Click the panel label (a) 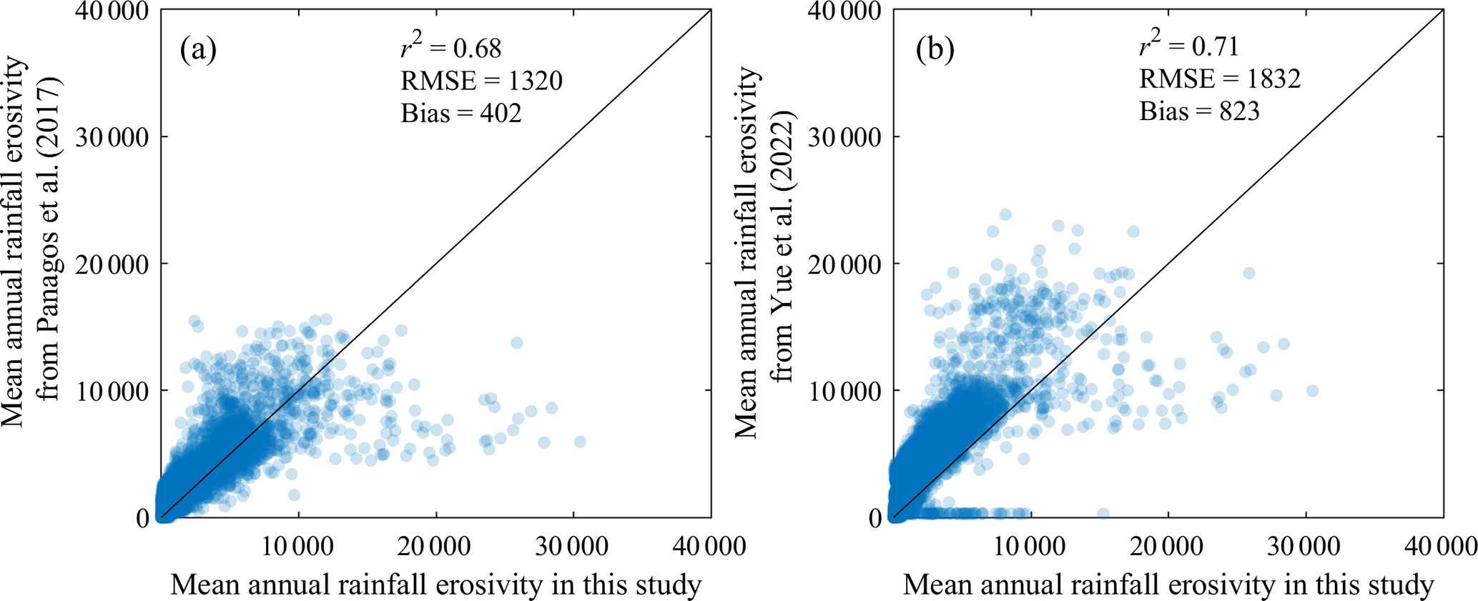(x=198, y=50)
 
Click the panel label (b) (x=935, y=50)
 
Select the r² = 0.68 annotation (x=450, y=47)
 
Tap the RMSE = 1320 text (x=481, y=80)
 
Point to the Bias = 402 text (x=460, y=112)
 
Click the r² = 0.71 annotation (x=1188, y=46)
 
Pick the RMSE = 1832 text (x=1219, y=78)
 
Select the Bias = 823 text (x=1198, y=111)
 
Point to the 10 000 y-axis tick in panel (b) (x=845, y=391)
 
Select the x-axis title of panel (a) (x=435, y=585)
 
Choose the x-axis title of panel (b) (x=1168, y=585)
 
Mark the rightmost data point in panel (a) (x=580, y=442)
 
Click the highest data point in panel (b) (x=1005, y=214)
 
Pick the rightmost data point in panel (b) (x=1311, y=391)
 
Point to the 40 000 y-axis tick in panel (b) (x=845, y=11)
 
